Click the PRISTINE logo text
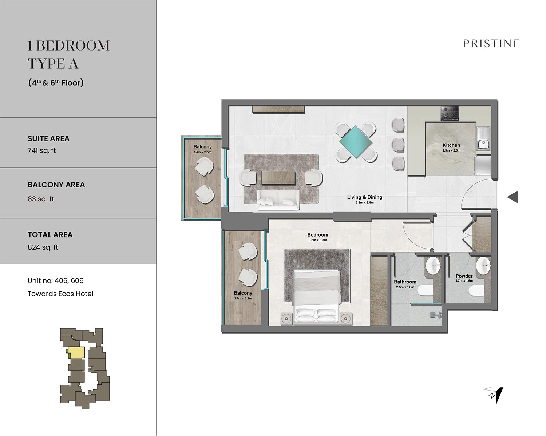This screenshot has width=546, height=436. point(491,43)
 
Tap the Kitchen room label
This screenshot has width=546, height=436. point(451,145)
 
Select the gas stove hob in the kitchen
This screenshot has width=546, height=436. point(450,113)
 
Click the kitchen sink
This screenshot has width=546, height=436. point(484,138)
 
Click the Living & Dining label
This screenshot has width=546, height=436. point(365,197)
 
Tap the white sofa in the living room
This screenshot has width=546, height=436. point(278,200)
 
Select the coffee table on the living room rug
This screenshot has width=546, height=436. point(278,178)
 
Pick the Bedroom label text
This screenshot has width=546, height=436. point(318,235)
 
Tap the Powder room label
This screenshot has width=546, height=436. point(464,276)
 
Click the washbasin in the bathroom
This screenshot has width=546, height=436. point(434,265)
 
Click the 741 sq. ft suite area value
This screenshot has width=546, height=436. point(41,150)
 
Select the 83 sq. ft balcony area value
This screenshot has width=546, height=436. point(41,199)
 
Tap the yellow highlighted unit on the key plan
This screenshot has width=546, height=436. point(77,352)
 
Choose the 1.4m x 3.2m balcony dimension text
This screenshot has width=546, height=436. point(243,298)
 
